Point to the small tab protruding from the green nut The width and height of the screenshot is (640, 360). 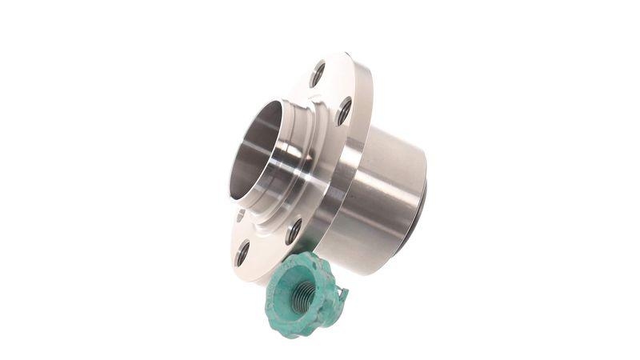pyautogui.click(x=343, y=297)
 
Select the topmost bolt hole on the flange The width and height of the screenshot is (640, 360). pyautogui.click(x=318, y=74)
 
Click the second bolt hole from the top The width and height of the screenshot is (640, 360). pyautogui.click(x=344, y=110)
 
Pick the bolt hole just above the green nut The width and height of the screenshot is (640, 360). pyautogui.click(x=294, y=230)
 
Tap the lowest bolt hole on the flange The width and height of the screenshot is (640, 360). pyautogui.click(x=242, y=254)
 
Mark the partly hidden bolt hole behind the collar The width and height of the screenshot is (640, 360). pyautogui.click(x=240, y=214)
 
